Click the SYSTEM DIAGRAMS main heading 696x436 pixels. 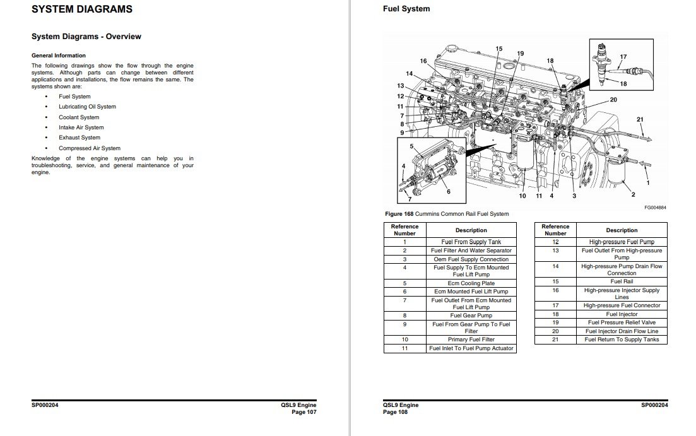pos(82,9)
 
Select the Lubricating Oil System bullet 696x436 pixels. pos(87,107)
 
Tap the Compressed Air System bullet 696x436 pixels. pos(90,148)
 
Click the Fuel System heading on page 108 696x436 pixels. pos(406,9)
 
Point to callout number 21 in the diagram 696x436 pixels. pos(640,119)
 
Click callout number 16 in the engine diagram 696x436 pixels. pos(423,61)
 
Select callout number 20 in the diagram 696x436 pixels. pos(613,100)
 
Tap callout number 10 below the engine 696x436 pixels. pos(522,196)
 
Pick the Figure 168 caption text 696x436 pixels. pos(447,214)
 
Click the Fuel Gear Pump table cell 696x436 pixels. pos(471,315)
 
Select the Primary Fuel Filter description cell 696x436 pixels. pos(471,339)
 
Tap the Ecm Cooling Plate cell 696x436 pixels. pos(471,283)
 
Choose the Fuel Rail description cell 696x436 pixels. pos(622,281)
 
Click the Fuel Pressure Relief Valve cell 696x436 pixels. pos(622,322)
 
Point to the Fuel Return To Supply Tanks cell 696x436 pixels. pos(622,339)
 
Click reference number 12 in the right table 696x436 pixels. pos(555,242)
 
